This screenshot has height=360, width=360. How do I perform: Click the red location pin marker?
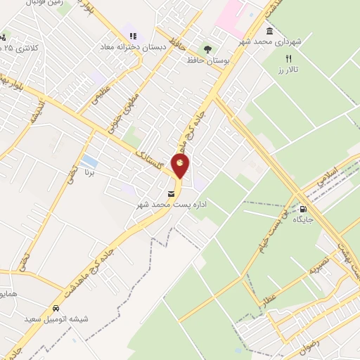(x=181, y=166)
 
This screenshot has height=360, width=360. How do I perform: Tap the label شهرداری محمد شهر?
(x=283, y=41)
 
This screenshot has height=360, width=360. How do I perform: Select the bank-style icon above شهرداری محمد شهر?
(x=270, y=32)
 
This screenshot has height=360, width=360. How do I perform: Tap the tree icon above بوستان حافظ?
(x=207, y=49)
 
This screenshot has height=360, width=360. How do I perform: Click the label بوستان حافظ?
(x=200, y=61)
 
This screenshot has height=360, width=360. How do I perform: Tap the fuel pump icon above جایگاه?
(x=304, y=208)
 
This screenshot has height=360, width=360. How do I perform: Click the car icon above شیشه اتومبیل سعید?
(x=56, y=309)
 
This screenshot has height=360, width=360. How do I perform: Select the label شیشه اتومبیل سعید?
(x=56, y=320)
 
